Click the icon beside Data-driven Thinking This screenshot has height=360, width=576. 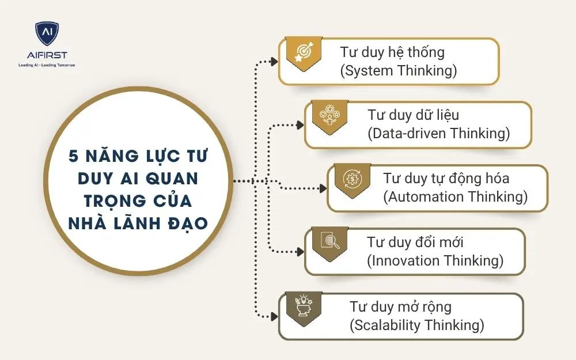point(330,115)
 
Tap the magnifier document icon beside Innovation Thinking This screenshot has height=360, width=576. point(329,241)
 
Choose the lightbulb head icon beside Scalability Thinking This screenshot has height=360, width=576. point(303,305)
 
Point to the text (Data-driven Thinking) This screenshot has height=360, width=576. point(439,134)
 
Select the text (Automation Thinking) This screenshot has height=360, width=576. point(455,196)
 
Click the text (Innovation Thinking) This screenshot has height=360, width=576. point(435,260)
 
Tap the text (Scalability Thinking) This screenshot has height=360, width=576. point(416,324)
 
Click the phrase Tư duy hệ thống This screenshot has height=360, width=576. point(392,52)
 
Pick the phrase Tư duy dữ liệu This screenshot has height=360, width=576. point(413,115)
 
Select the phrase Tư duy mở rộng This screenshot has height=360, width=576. point(400,306)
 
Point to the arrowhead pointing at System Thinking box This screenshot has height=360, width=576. point(274,60)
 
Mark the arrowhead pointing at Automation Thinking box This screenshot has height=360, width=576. point(323,188)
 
